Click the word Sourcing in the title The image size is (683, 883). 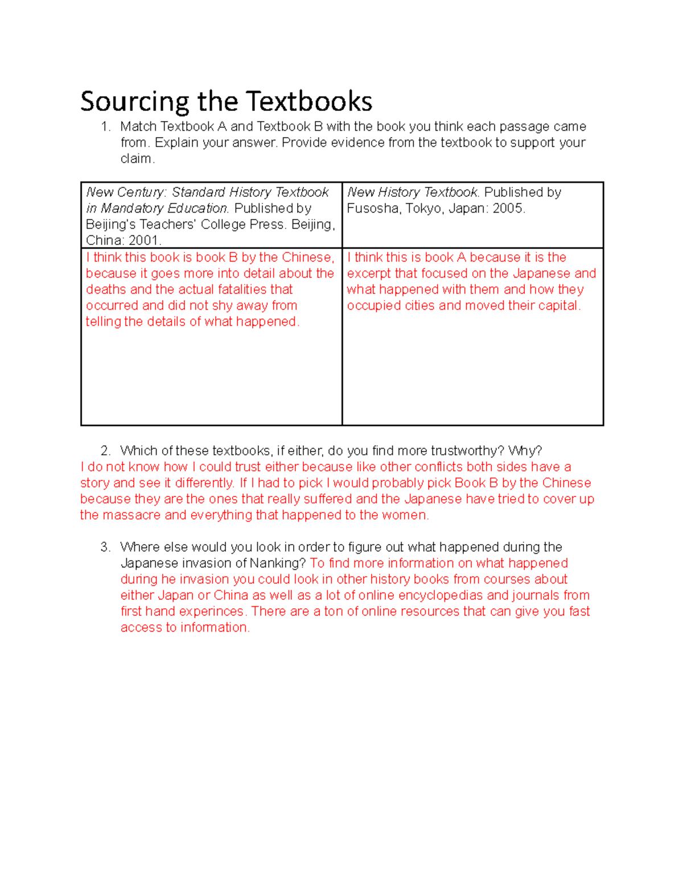point(135,102)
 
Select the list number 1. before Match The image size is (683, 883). point(105,127)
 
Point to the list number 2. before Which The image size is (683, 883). point(105,451)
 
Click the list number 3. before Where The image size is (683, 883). point(105,547)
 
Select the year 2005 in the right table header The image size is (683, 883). point(508,209)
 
